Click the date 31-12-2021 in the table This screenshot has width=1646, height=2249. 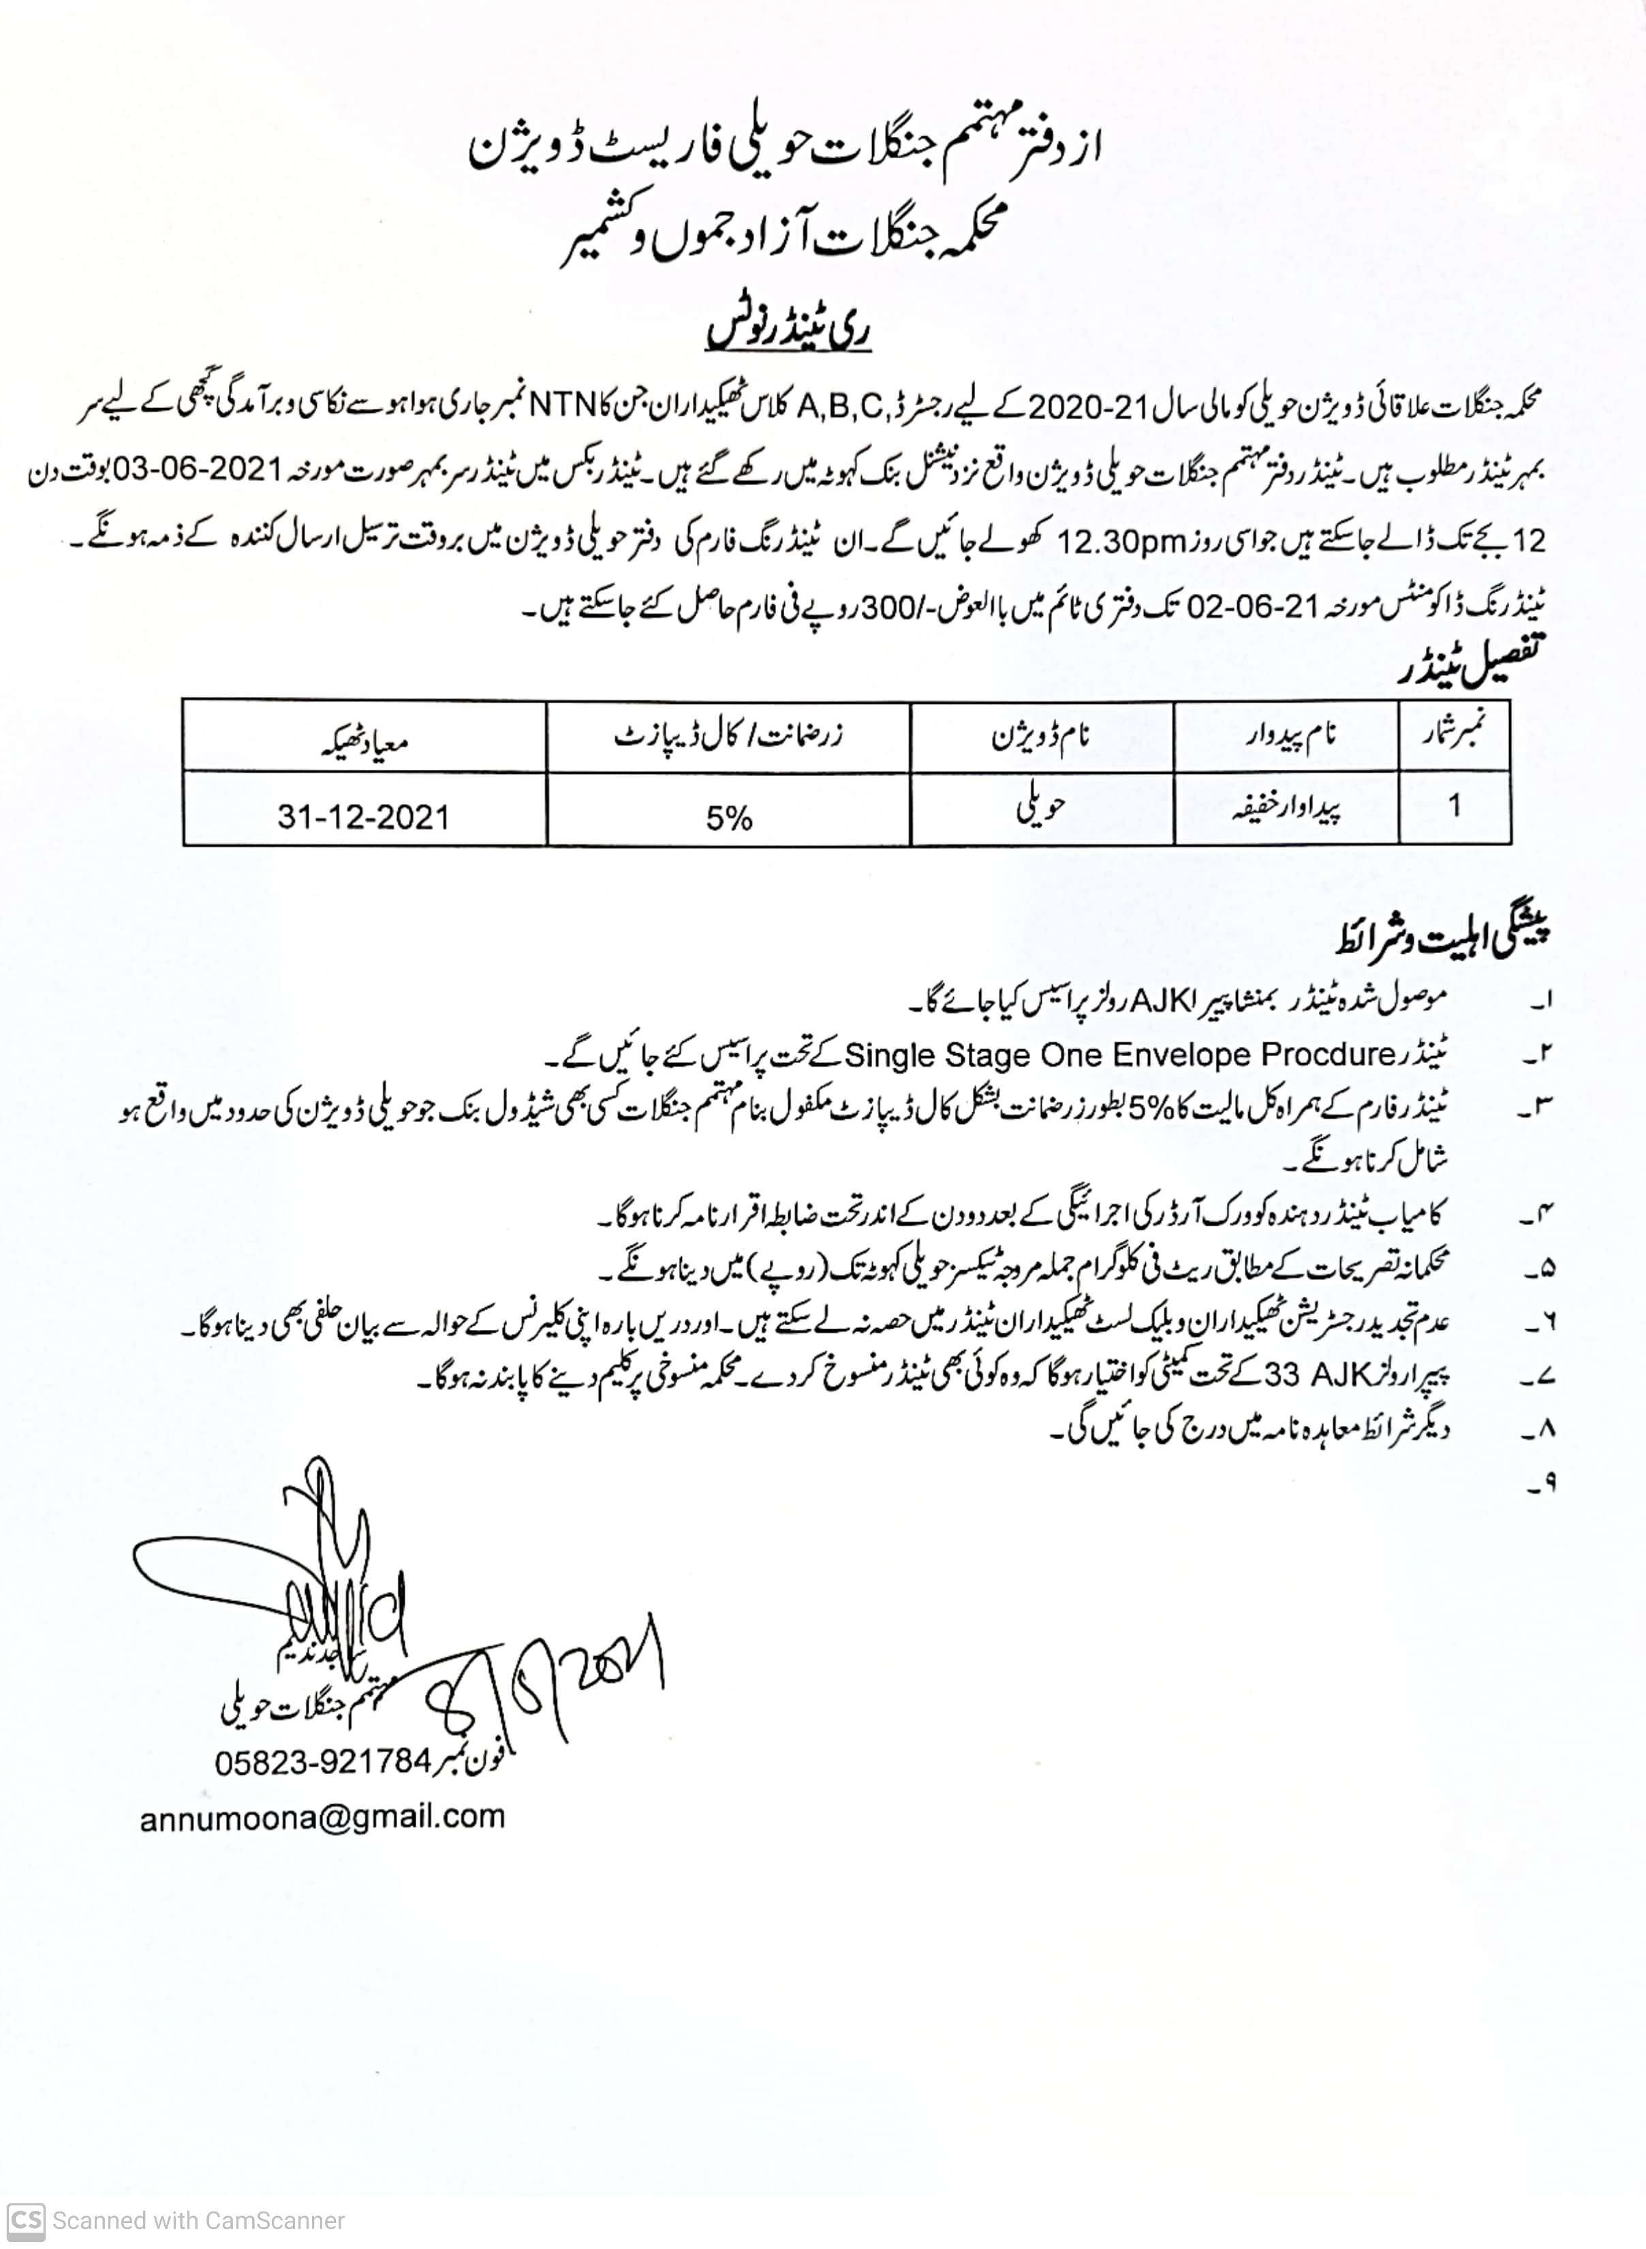[364, 817]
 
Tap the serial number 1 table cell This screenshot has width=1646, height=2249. [1455, 805]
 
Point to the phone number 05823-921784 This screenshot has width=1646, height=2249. [323, 1762]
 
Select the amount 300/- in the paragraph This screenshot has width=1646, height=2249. [902, 606]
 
